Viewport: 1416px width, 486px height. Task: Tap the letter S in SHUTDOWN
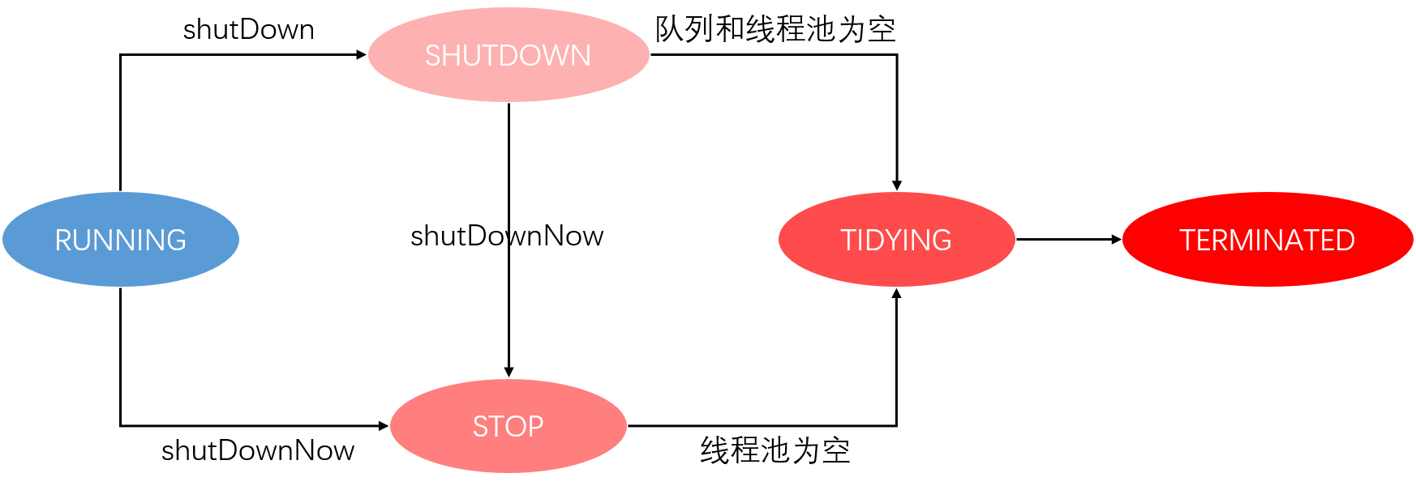[434, 56]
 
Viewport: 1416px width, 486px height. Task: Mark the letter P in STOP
[535, 427]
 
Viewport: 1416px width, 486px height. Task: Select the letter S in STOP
[481, 427]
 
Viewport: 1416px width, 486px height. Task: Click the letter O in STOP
[515, 427]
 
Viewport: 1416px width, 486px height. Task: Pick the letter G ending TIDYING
[941, 241]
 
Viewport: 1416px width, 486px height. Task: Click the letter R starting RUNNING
[63, 241]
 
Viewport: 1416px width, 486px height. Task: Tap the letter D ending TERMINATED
[1345, 241]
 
